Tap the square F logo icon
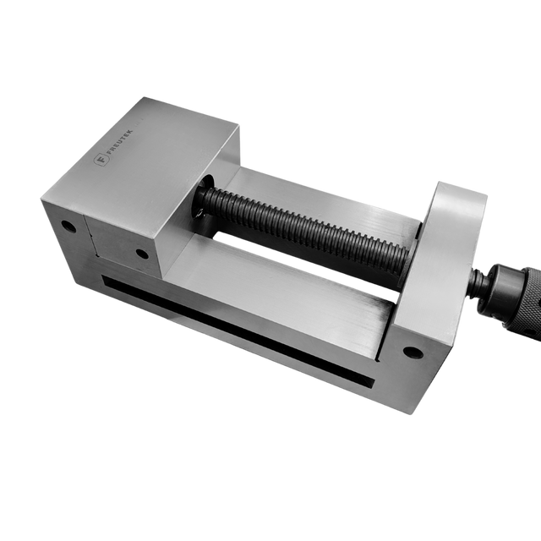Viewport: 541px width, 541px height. pyautogui.click(x=102, y=158)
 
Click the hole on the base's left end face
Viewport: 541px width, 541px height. pyautogui.click(x=68, y=227)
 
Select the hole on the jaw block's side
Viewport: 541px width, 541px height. pyautogui.click(x=142, y=253)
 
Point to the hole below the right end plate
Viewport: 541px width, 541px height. pyautogui.click(x=411, y=352)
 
